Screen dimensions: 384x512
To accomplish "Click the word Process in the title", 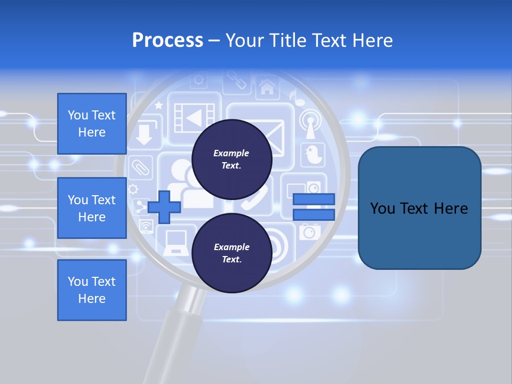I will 167,41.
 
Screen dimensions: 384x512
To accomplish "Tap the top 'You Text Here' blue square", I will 92,124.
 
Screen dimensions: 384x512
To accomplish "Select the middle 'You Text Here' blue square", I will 92,208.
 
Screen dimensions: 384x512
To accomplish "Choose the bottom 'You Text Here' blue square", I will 92,290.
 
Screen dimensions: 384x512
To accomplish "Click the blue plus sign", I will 164,207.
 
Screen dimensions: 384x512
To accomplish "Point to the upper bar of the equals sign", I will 314,199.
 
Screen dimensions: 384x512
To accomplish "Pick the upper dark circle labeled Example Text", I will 231,159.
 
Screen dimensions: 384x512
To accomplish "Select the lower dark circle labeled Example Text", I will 231,253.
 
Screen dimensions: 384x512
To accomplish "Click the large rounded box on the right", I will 419,208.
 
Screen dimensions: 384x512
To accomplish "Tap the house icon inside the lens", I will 267,87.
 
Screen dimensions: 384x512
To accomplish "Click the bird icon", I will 312,155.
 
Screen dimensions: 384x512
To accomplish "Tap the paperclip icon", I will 141,167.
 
